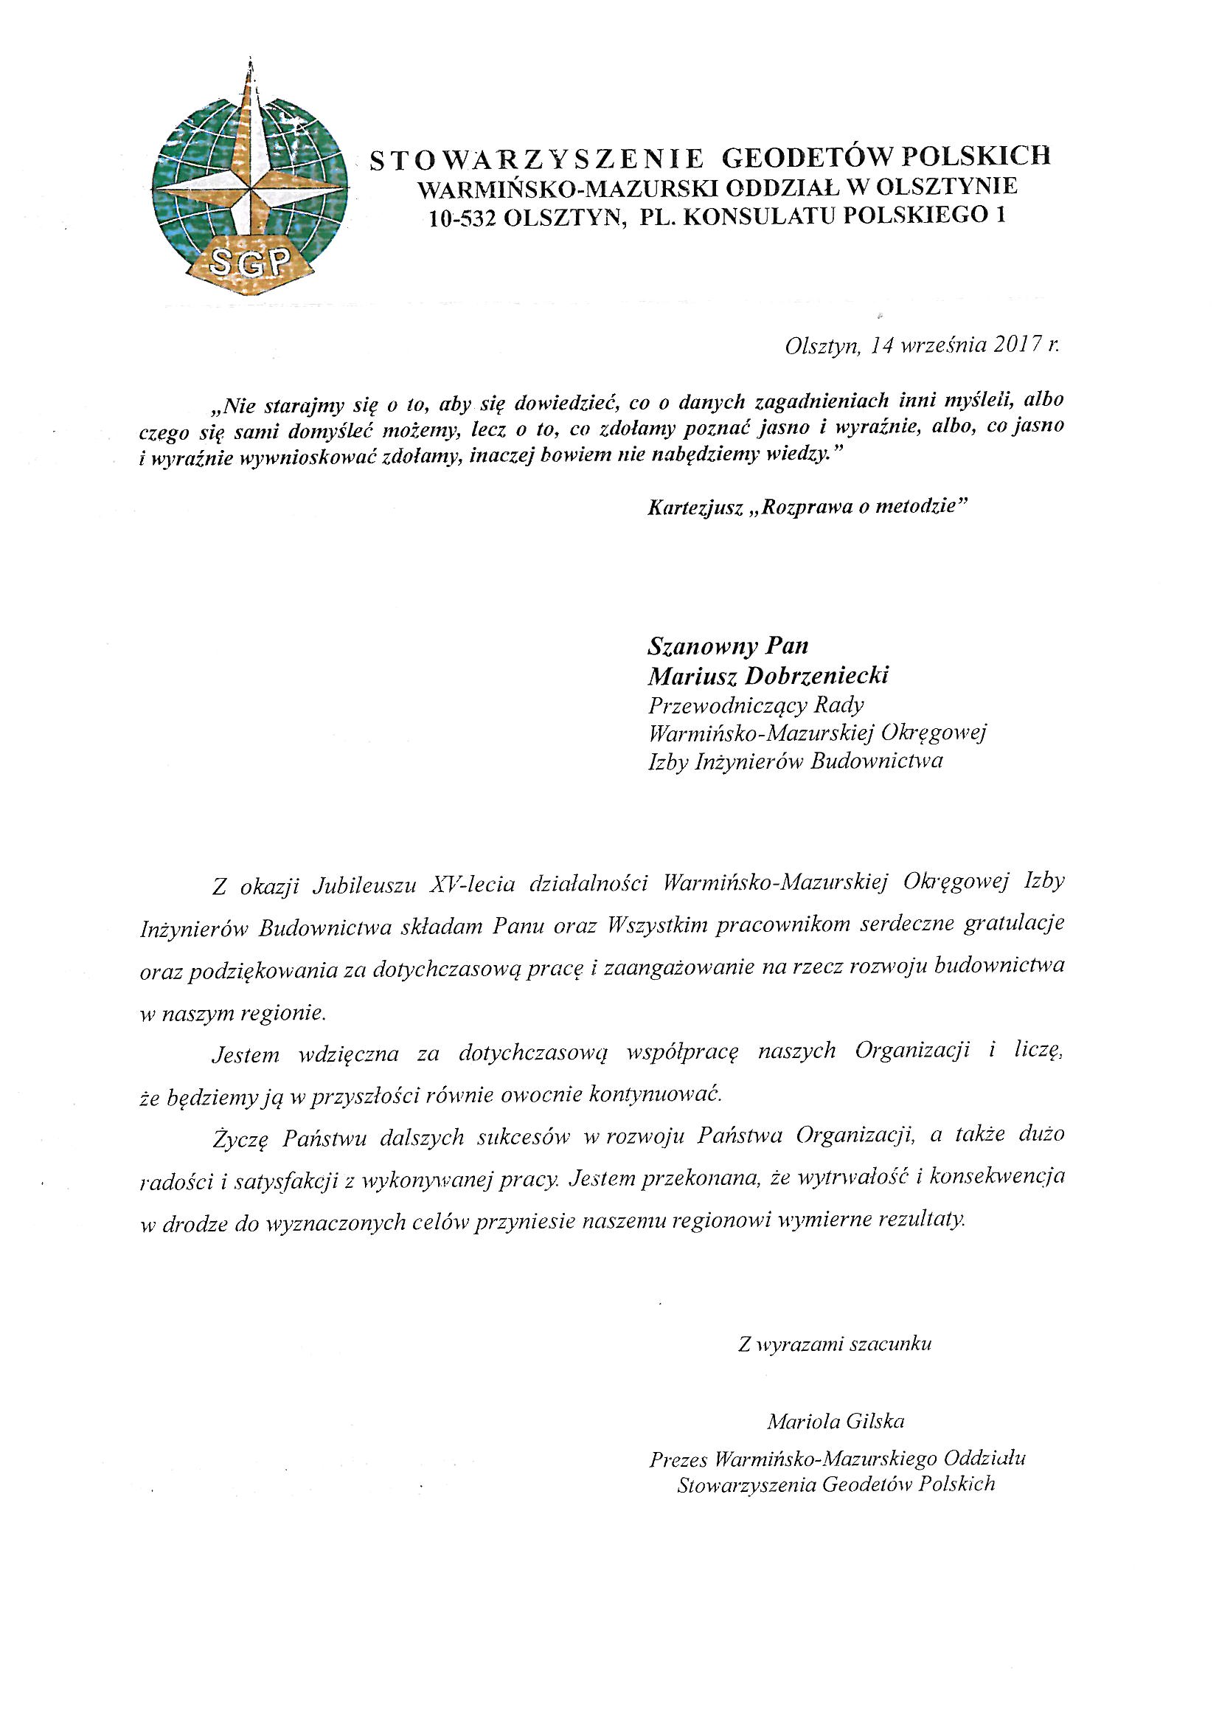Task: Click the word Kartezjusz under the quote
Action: pyautogui.click(x=693, y=506)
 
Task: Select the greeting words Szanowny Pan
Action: pyautogui.click(x=727, y=646)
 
